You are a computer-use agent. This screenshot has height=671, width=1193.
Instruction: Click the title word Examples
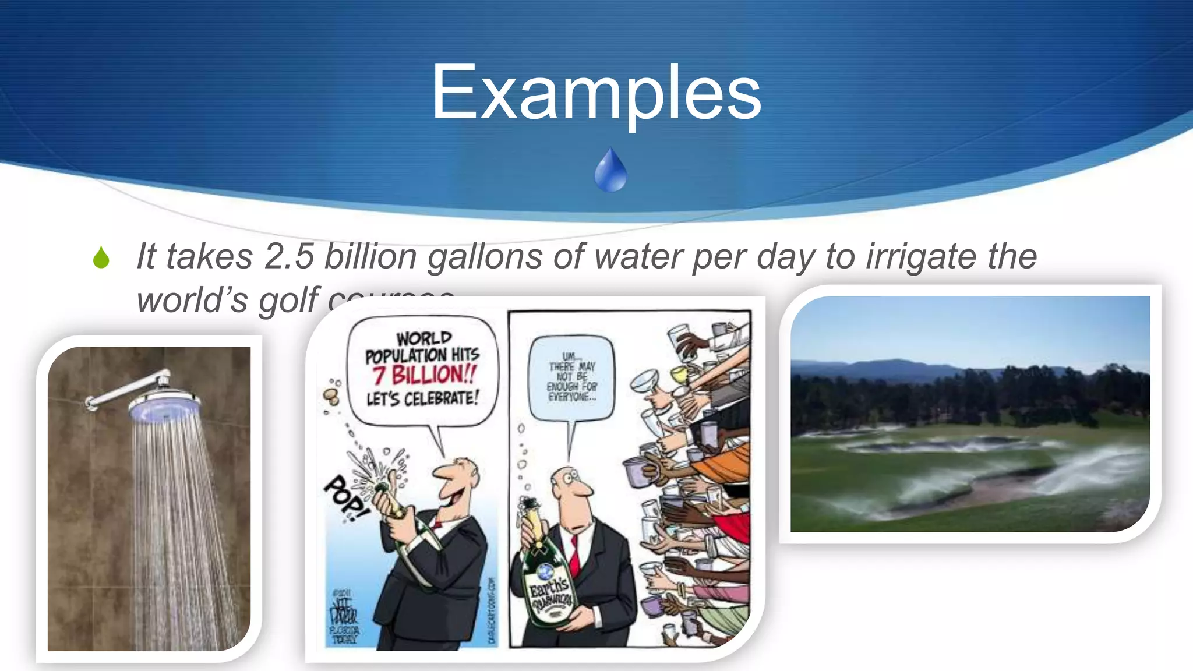click(x=596, y=93)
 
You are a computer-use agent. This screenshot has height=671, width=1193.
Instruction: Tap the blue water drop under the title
click(x=610, y=171)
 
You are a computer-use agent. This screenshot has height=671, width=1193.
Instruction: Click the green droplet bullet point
click(x=101, y=257)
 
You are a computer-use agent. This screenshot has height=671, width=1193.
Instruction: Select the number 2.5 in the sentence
click(x=289, y=256)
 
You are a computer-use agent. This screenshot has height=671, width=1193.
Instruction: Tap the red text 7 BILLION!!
click(x=425, y=374)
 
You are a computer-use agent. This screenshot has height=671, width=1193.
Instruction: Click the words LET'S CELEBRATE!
click(x=422, y=399)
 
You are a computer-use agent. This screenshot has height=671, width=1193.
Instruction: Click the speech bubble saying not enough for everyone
click(x=571, y=377)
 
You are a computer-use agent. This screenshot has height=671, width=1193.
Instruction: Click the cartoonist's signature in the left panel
click(x=344, y=615)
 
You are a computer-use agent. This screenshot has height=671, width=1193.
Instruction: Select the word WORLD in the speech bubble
click(x=424, y=338)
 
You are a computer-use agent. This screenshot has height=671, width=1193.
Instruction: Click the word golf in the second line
click(x=288, y=301)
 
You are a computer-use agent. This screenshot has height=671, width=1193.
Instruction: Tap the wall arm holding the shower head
click(x=125, y=389)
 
